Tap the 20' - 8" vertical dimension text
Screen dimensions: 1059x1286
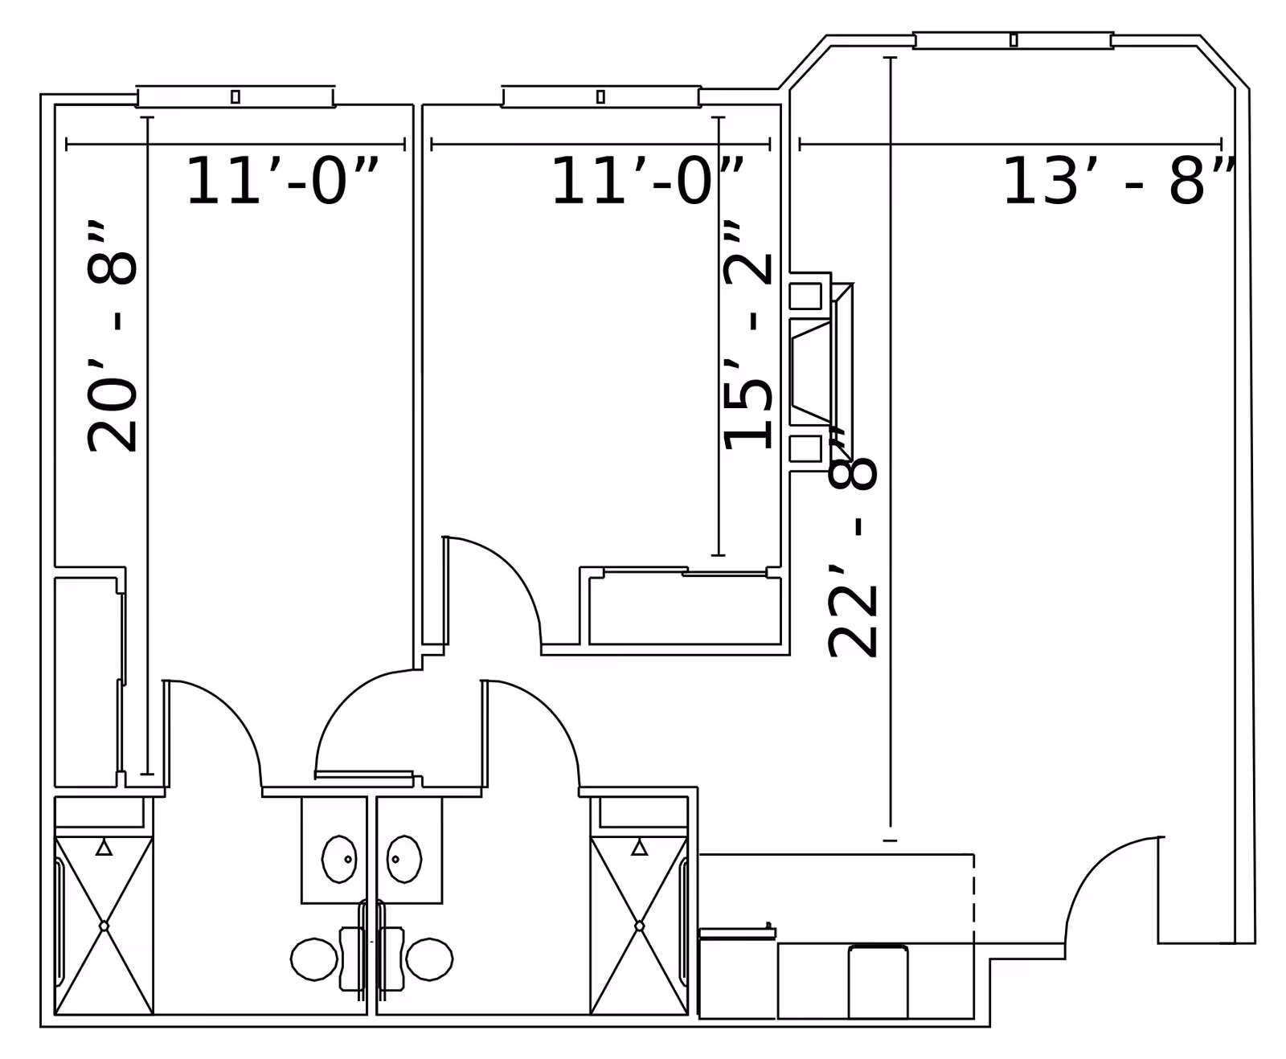113,337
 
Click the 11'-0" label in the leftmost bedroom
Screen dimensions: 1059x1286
281,182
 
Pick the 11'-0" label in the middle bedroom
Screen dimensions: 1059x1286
647,182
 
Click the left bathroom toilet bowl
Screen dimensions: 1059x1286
314,959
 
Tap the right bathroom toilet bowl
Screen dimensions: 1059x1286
429,959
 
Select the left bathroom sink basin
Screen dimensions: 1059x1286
338,859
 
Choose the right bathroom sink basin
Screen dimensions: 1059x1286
404,859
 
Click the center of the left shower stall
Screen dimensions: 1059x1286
104,926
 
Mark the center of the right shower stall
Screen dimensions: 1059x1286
639,926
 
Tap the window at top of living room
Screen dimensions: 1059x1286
1013,40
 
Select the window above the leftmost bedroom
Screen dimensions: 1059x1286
235,96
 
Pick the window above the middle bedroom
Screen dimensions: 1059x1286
600,96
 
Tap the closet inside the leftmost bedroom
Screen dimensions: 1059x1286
87,681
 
